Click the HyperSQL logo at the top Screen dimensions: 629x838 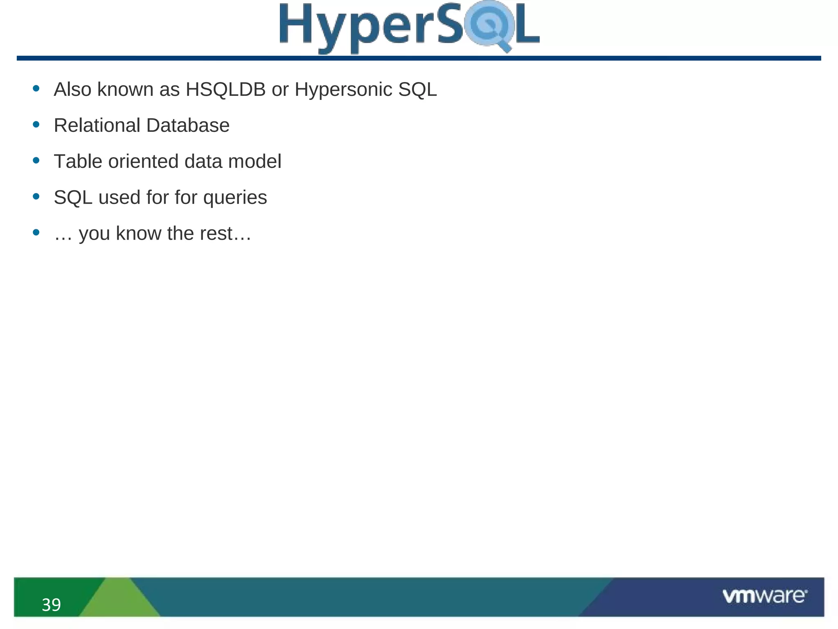409,27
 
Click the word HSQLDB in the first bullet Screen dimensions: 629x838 225,89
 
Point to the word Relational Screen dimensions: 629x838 97,125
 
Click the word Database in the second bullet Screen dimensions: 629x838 188,125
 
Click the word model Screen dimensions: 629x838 255,161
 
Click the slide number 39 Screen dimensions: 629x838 51,605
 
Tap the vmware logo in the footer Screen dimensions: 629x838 765,596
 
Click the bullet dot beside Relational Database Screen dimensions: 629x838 36,124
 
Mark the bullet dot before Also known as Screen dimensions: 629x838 36,88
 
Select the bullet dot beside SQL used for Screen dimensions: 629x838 36,197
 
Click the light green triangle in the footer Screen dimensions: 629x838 119,600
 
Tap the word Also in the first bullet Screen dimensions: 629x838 72,89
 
